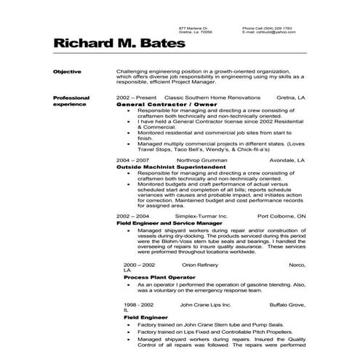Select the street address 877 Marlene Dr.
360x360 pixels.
click(194, 28)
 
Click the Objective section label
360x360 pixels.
click(68, 71)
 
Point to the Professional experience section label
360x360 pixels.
click(71, 100)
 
